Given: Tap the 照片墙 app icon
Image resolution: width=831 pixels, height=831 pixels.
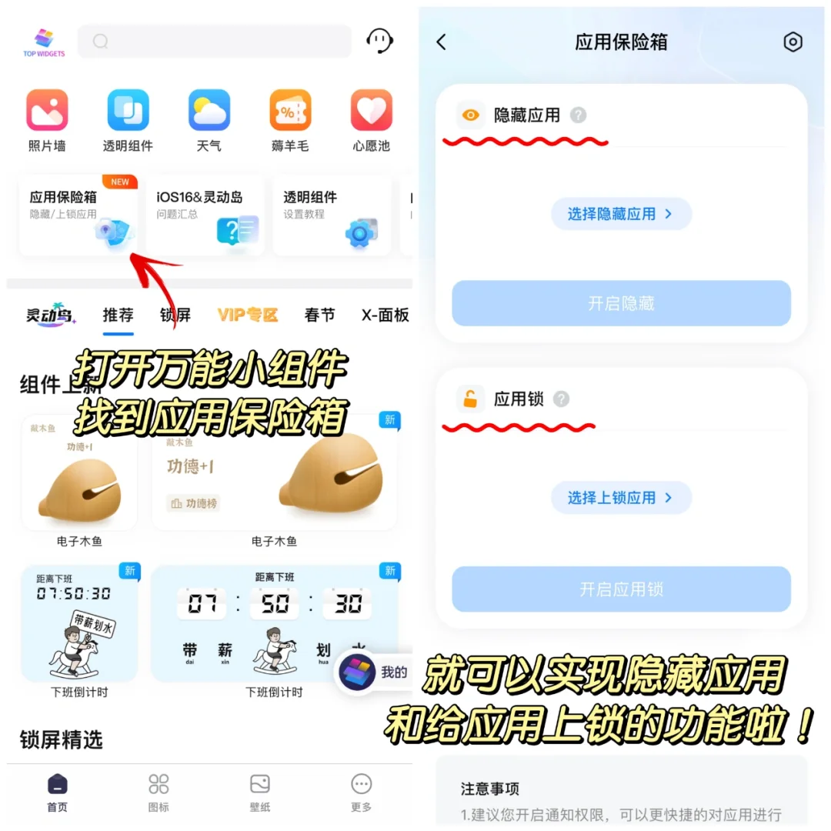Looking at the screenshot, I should (47, 110).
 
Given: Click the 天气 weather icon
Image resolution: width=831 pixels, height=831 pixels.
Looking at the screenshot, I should (209, 110).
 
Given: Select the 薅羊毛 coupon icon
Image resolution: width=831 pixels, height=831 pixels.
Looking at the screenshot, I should (290, 110).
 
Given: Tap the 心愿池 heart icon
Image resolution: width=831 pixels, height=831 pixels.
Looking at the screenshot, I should (372, 110).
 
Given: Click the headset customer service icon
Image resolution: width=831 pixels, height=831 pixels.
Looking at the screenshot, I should (379, 41).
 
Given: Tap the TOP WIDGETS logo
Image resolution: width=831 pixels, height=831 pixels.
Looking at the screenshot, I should (44, 42).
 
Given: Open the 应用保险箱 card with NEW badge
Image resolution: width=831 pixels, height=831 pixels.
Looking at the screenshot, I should (78, 215).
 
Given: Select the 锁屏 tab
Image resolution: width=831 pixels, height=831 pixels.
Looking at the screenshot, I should (175, 315).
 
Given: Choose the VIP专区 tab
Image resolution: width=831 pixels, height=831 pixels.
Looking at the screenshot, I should (247, 315).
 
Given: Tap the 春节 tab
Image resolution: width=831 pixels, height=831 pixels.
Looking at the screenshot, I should (319, 315).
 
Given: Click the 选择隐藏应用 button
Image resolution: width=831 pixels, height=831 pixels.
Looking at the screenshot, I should (621, 214).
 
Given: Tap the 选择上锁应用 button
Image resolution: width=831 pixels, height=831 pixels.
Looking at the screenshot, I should (621, 498).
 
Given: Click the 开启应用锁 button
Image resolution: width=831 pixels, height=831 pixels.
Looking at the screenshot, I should (621, 589).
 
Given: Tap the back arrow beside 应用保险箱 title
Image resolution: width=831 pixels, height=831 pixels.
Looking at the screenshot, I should (442, 42).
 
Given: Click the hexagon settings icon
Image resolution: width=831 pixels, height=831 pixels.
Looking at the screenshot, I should (793, 42).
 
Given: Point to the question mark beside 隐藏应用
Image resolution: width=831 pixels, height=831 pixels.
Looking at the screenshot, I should (578, 115).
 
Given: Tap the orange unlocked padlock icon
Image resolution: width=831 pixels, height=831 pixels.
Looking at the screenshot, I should (470, 399).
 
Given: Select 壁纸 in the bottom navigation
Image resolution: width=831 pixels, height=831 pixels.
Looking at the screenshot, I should (260, 793).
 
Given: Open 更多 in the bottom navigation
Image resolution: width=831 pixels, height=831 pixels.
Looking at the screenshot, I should (361, 793).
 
